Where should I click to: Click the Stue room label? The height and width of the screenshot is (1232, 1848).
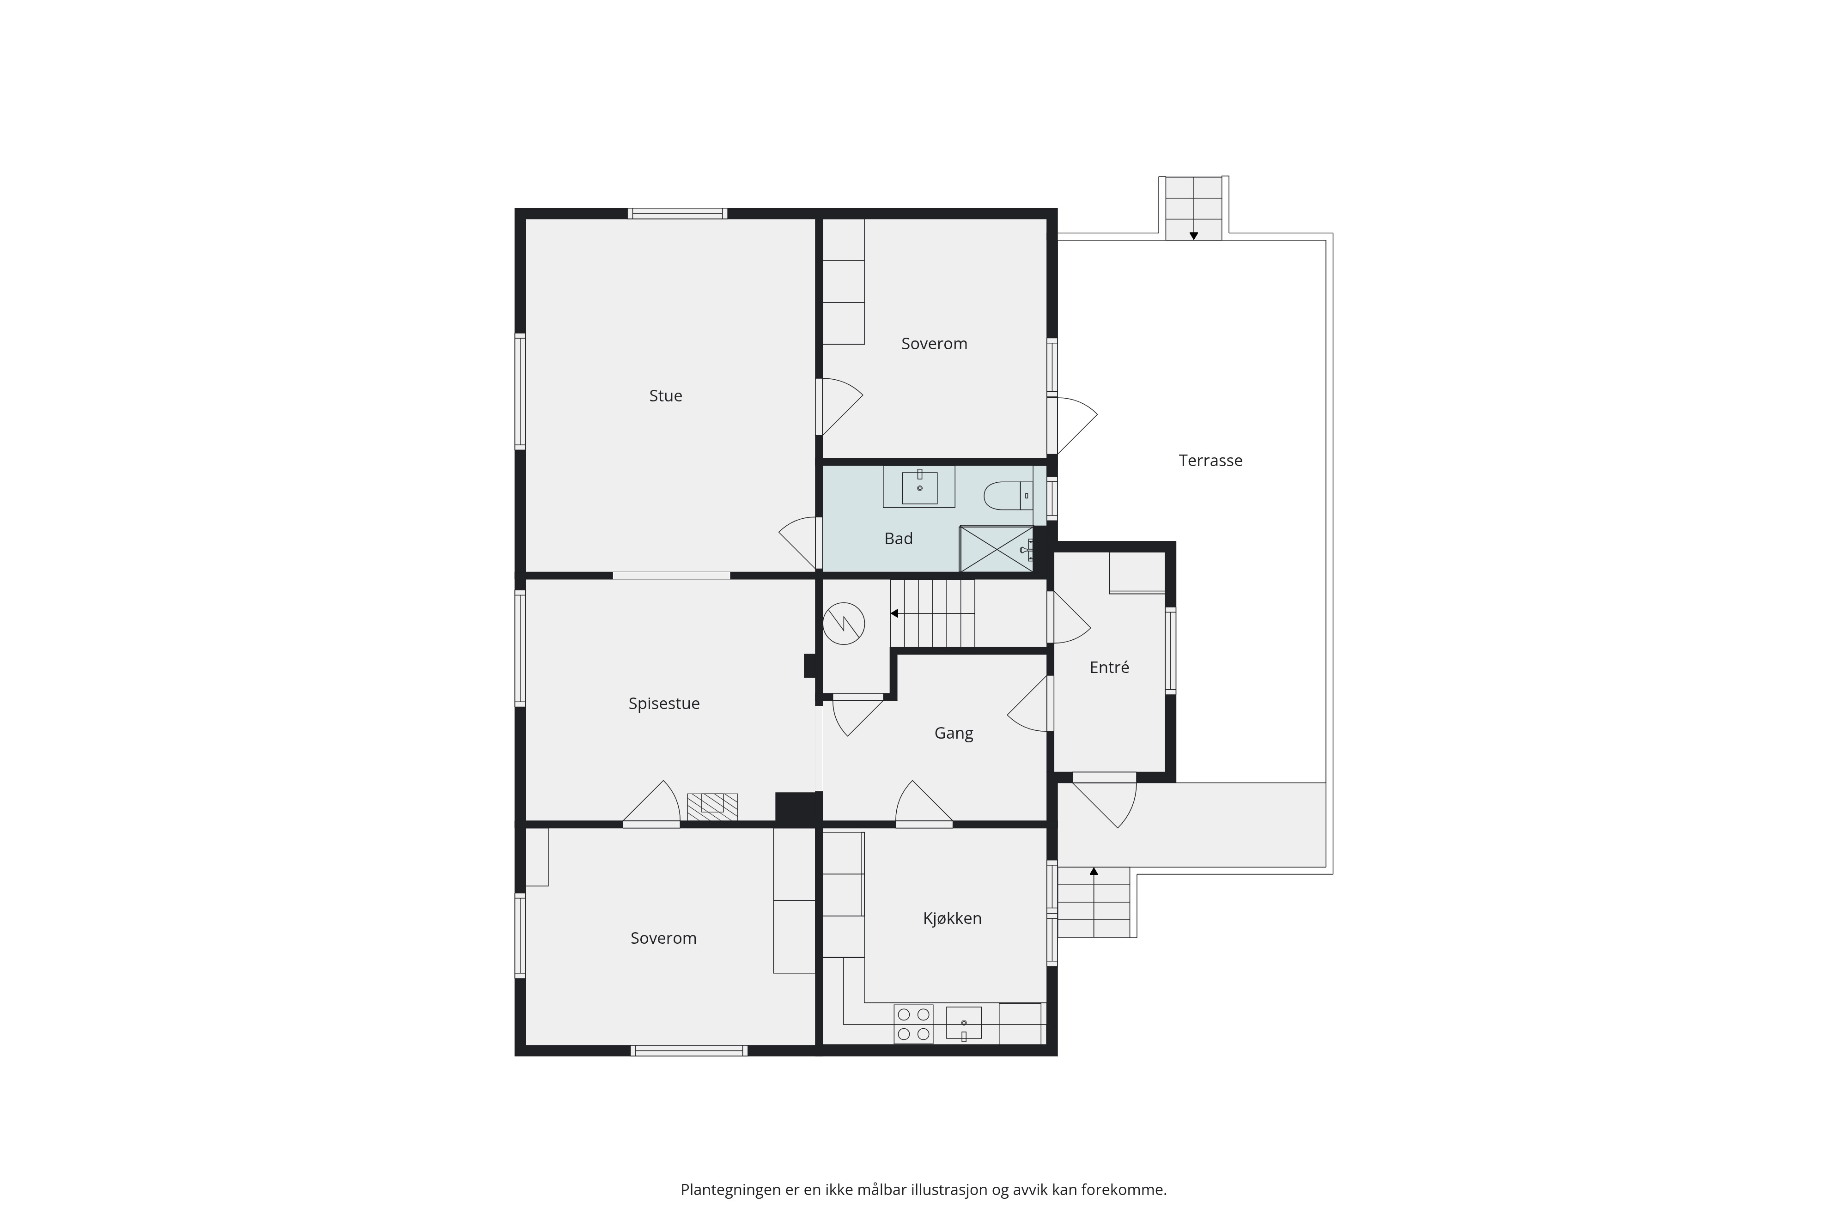[665, 396]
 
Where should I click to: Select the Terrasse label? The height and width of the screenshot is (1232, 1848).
[1210, 461]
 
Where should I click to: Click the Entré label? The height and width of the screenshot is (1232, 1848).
[1109, 667]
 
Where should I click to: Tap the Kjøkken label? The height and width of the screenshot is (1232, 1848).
[952, 918]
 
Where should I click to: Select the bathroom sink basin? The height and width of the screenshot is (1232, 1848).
[919, 487]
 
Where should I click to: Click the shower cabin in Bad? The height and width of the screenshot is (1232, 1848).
[996, 548]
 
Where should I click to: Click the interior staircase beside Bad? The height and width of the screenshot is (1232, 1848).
[932, 613]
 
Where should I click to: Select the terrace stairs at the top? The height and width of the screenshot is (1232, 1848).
[1193, 208]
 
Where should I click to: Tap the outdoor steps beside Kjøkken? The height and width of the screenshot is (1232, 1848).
[1094, 902]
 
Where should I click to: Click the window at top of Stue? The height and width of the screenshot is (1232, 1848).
[677, 213]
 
